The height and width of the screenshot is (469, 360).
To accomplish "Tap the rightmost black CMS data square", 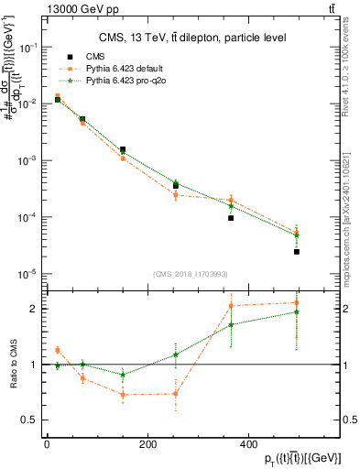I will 297,251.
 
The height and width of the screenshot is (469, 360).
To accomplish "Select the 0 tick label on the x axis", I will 47,445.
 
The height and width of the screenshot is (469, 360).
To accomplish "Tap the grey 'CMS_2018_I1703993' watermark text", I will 190,273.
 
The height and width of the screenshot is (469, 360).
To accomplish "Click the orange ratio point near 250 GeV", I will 175,394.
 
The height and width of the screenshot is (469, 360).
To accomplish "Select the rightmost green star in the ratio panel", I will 297,312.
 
